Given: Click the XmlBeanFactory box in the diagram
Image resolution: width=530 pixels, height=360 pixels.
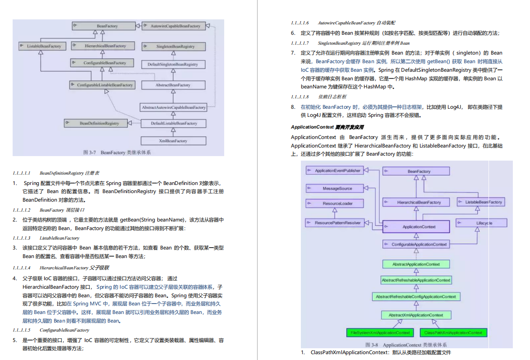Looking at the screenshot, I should (x=171, y=141).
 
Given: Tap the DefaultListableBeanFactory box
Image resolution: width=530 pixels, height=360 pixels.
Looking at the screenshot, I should (x=174, y=123).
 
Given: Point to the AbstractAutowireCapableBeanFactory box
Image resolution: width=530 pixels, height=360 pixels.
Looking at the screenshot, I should (x=174, y=107).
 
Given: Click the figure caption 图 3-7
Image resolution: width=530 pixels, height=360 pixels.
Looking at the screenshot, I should (x=117, y=152).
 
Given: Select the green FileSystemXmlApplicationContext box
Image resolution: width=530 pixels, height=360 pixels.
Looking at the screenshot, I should (x=380, y=332).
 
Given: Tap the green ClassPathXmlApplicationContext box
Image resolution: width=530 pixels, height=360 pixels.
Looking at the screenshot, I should (x=453, y=332).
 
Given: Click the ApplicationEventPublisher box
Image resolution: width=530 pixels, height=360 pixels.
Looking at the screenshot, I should (x=335, y=171).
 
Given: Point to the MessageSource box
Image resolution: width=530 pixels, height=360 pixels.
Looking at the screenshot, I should (x=335, y=188).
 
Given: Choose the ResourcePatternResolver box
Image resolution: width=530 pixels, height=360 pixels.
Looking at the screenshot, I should (x=335, y=223).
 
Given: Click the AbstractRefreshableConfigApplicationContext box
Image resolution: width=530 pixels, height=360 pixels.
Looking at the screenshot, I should (x=416, y=296).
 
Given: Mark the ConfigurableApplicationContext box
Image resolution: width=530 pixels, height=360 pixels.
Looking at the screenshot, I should (x=416, y=244).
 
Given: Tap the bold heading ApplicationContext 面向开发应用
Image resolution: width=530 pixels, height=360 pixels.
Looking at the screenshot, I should (x=327, y=127).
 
